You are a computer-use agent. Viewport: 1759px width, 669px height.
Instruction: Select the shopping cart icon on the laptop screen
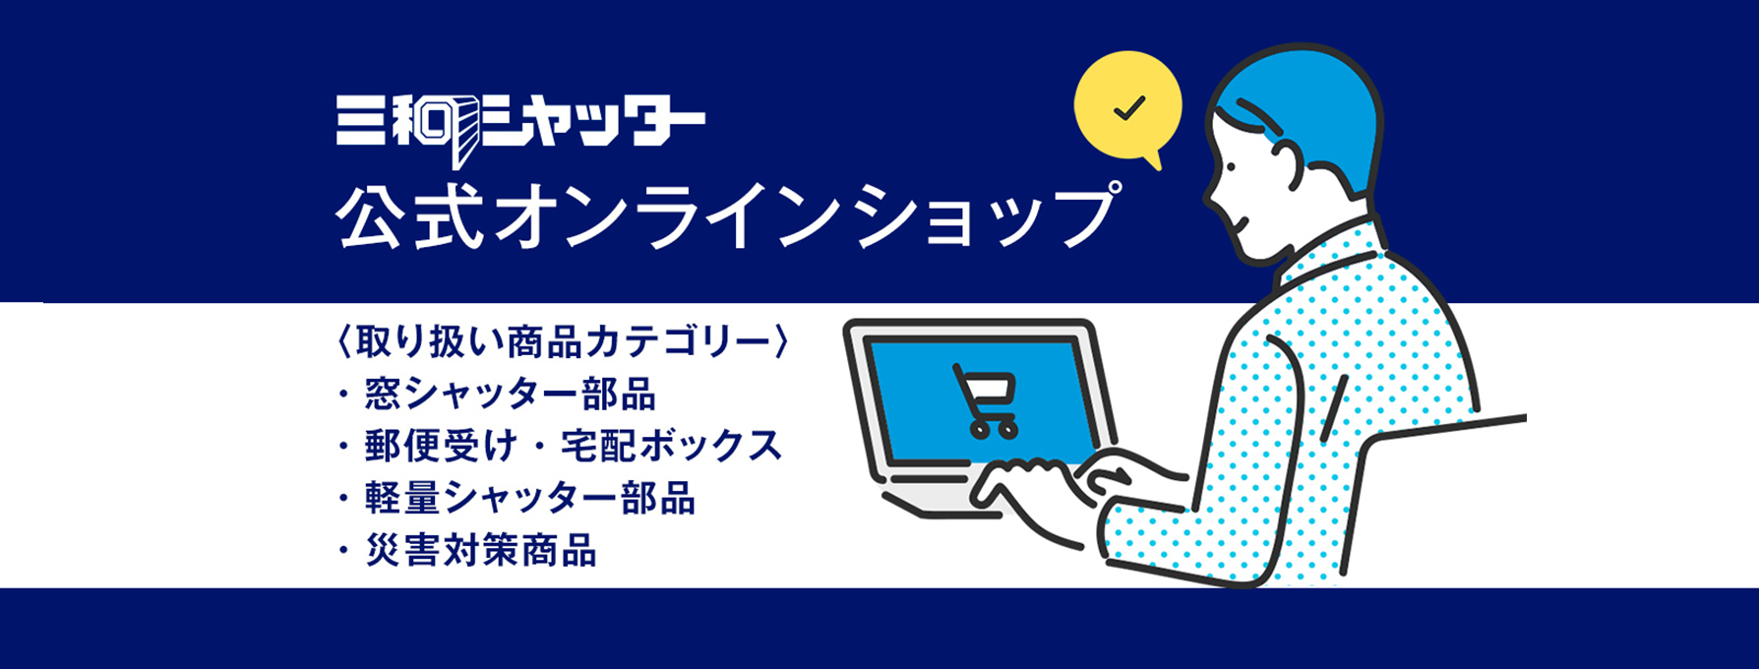[x=985, y=400]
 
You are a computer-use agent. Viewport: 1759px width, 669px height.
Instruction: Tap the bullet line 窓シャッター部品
[x=497, y=395]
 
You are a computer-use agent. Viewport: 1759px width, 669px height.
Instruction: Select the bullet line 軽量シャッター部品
[x=516, y=499]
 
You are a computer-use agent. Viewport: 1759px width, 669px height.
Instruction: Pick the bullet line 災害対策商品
[x=467, y=551]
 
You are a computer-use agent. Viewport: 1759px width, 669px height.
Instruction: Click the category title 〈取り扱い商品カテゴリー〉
[x=562, y=341]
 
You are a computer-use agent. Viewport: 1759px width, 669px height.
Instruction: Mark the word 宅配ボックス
[x=672, y=447]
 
